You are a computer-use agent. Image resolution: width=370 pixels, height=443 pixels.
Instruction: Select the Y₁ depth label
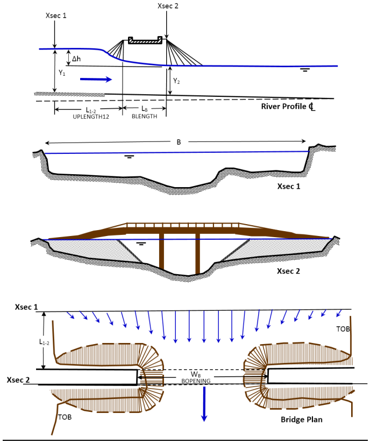point(62,72)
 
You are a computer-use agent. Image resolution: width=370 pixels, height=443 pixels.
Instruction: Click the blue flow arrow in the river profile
point(96,80)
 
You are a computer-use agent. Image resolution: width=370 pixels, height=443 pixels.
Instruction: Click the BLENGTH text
point(144,116)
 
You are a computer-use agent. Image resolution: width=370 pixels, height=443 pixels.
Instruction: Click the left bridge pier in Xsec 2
point(161,251)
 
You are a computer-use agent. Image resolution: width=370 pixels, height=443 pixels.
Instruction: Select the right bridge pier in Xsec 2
point(197,251)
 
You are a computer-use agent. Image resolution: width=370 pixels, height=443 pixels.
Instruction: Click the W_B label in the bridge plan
point(202,373)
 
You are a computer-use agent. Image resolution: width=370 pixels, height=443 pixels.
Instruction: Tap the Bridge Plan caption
point(302,419)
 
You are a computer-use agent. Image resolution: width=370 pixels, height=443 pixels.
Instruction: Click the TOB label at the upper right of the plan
point(343,328)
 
